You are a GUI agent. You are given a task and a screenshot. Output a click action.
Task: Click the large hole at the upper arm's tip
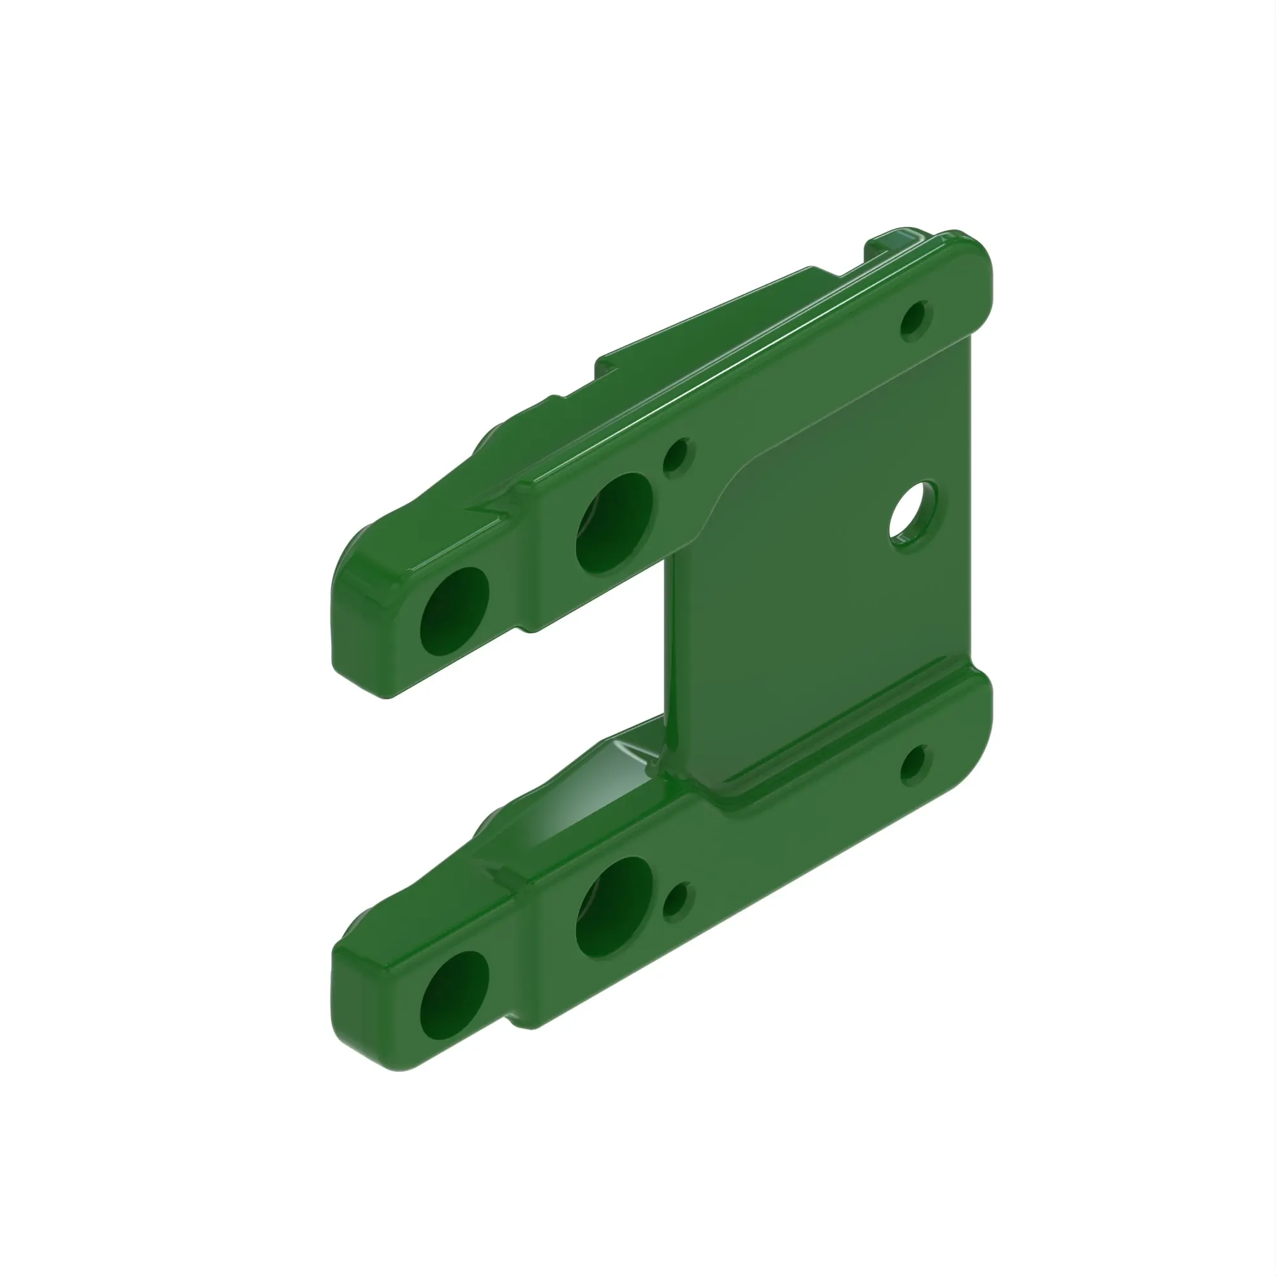point(454,611)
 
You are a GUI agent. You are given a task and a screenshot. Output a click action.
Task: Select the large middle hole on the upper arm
point(614,524)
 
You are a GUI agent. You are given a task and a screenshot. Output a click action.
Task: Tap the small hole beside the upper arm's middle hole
point(678,455)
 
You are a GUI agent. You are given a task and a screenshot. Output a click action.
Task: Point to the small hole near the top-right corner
point(916,321)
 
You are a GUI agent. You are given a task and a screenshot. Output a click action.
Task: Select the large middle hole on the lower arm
point(614,907)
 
